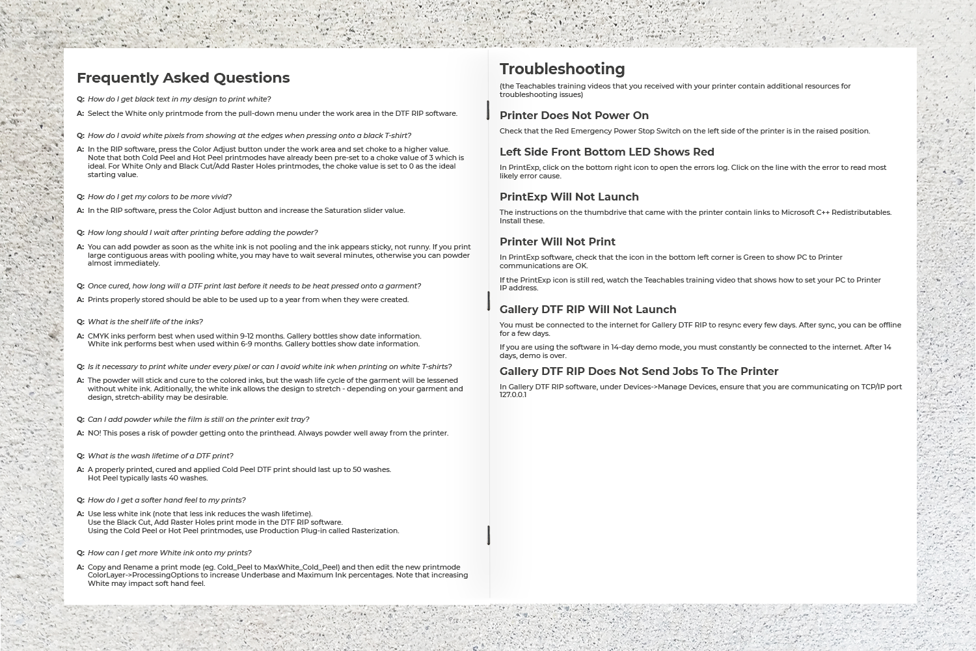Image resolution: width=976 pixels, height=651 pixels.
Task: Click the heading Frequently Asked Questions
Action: point(183,78)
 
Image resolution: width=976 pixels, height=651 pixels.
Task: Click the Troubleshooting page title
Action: point(562,69)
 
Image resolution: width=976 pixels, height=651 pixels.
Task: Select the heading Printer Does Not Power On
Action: point(574,116)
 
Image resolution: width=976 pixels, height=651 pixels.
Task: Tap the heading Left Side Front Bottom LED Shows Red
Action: point(606,152)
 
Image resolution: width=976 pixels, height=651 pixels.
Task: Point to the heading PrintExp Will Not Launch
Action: point(569,197)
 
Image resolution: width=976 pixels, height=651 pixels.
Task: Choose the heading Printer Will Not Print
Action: point(557,242)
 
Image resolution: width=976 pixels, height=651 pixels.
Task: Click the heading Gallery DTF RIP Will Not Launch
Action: point(588,310)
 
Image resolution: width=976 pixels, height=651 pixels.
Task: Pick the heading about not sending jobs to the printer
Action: point(638,372)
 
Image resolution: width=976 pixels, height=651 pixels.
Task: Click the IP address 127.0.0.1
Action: point(513,395)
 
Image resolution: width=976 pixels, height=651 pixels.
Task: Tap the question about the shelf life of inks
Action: point(145,322)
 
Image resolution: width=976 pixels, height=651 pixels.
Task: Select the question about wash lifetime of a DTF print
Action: point(160,456)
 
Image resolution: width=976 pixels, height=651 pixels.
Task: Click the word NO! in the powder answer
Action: point(94,433)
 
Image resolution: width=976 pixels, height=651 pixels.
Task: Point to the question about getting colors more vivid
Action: point(159,197)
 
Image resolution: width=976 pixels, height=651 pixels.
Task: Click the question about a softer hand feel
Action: point(167,500)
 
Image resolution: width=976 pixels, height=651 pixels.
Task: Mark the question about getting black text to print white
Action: point(179,99)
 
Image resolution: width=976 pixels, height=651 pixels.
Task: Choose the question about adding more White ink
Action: point(169,553)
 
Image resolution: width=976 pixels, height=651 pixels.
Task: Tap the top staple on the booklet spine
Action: point(488,110)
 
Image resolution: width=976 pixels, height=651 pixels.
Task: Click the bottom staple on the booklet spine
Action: point(488,535)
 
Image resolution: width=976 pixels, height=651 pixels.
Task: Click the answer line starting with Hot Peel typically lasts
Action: point(148,478)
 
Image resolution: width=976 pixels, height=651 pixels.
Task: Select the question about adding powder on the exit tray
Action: point(198,419)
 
